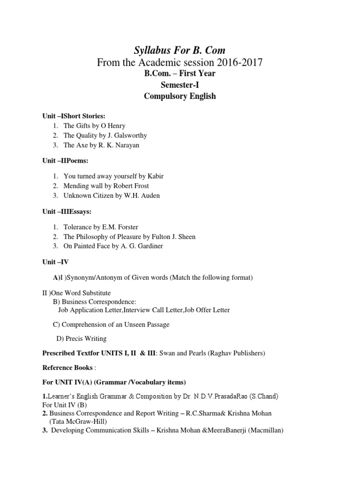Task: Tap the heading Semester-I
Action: [x=180, y=84]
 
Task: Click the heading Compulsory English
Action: [x=180, y=96]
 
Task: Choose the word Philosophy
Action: [x=93, y=237]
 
